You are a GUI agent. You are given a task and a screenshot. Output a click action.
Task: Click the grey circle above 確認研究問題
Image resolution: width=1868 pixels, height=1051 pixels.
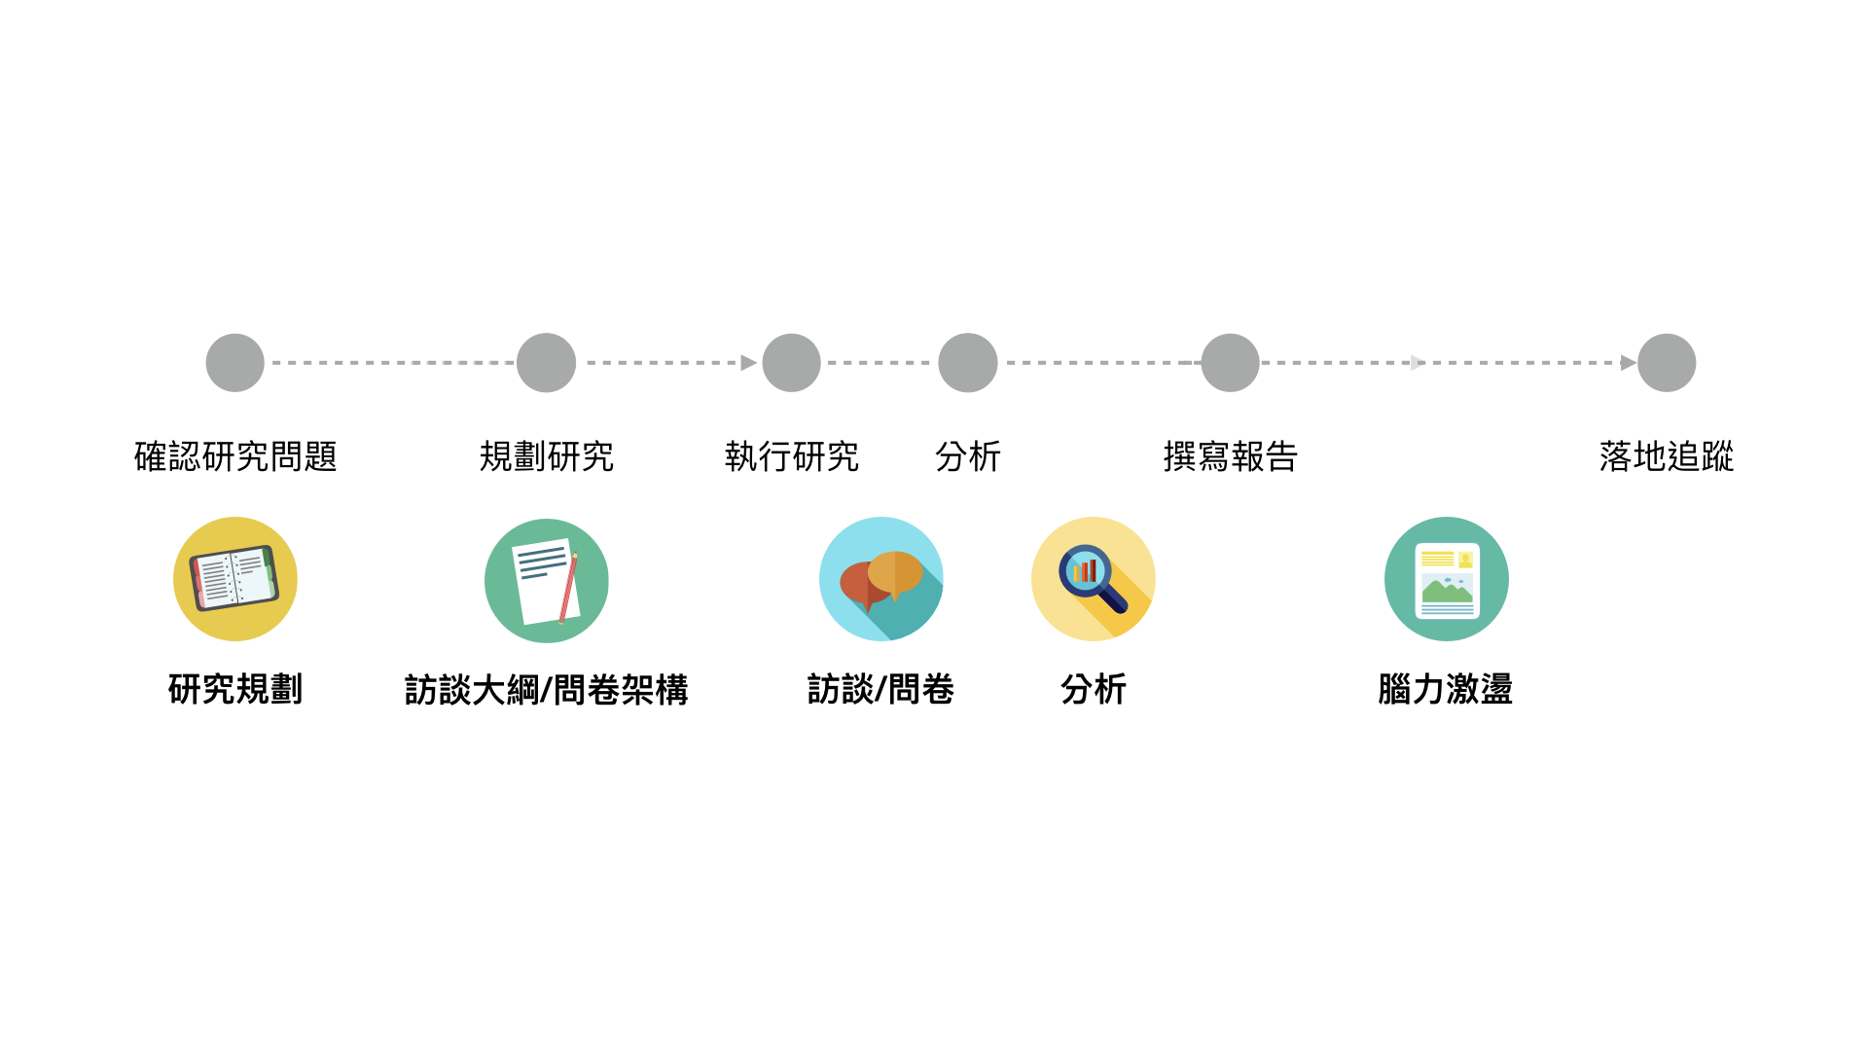click(x=234, y=363)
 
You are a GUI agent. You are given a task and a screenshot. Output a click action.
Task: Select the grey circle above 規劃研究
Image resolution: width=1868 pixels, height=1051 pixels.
click(x=546, y=363)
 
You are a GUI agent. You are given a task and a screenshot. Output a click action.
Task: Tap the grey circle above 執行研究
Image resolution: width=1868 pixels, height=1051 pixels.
click(x=791, y=363)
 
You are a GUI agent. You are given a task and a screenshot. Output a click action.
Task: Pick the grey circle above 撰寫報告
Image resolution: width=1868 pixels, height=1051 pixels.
click(x=1230, y=363)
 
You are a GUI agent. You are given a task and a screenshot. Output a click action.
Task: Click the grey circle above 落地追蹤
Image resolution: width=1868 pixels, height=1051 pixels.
click(x=1666, y=363)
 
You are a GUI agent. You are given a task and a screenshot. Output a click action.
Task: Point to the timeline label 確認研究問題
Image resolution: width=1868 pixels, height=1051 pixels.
click(x=235, y=456)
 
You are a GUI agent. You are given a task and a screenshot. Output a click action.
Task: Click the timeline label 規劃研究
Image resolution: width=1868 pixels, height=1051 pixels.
click(x=546, y=456)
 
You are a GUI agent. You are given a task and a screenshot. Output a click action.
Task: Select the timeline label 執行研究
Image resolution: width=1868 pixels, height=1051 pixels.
click(x=791, y=456)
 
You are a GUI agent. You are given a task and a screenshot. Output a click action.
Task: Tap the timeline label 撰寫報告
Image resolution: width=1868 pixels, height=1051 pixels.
click(x=1230, y=456)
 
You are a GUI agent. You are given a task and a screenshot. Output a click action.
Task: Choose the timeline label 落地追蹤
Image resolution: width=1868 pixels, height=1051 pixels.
click(x=1666, y=456)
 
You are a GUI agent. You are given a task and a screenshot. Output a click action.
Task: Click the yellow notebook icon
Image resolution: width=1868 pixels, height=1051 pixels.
click(x=234, y=579)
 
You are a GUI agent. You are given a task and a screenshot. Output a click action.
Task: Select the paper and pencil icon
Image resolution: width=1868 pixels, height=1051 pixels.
click(x=546, y=581)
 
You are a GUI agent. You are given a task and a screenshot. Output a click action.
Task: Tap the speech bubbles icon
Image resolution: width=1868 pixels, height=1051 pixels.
click(x=880, y=579)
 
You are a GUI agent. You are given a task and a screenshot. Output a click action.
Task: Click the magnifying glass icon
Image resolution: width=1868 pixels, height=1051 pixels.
click(x=1093, y=579)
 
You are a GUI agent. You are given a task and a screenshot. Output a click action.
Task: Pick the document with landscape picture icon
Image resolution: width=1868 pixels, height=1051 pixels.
click(x=1446, y=579)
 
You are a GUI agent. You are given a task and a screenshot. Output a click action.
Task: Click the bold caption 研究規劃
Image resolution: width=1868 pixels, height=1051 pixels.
click(x=234, y=689)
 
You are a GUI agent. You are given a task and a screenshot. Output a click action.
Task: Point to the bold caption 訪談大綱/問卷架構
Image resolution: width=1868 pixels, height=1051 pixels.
click(x=546, y=690)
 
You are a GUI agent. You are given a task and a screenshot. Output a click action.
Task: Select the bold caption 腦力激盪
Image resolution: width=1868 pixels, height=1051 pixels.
click(x=1445, y=689)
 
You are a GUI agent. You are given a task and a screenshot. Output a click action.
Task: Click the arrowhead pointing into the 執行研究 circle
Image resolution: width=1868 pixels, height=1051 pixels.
click(x=748, y=363)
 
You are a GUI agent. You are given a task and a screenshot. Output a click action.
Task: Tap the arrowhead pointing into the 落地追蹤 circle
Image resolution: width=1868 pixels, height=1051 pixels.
click(x=1628, y=363)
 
